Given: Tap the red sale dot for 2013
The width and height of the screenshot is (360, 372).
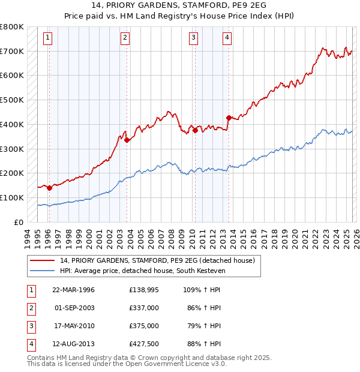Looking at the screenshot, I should pos(228,118).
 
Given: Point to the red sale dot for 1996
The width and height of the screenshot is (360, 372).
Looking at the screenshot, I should pos(49,188).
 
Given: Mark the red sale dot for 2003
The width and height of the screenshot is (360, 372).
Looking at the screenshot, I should pos(127,140).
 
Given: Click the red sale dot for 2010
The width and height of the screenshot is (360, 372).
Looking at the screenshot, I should pos(195,130).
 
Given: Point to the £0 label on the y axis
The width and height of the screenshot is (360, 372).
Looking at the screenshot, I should pos(19,222).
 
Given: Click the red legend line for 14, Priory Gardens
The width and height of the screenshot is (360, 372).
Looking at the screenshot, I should pos(43,260).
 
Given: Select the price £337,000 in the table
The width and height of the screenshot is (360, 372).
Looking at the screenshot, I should pos(144,308).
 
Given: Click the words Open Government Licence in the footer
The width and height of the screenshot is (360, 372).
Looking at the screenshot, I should pos(167,364).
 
